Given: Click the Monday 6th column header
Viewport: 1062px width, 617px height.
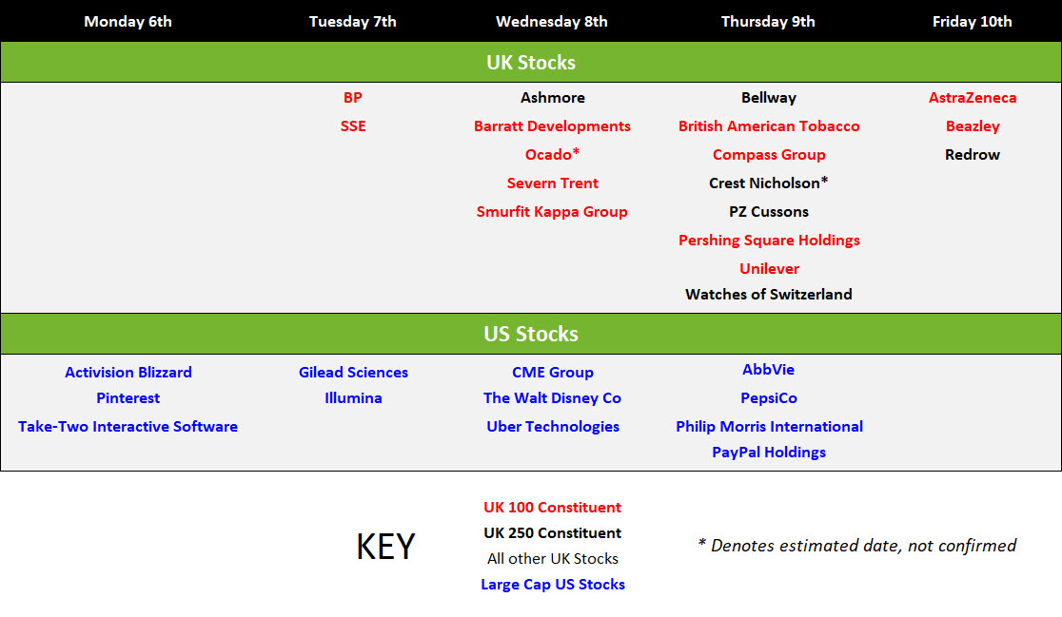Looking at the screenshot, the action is pyautogui.click(x=128, y=22).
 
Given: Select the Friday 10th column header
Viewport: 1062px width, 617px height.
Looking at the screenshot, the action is pyautogui.click(x=972, y=22).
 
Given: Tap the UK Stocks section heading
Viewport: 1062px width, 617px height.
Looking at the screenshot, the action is pyautogui.click(x=531, y=62).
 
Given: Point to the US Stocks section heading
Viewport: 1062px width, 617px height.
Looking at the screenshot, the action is pyautogui.click(x=531, y=334).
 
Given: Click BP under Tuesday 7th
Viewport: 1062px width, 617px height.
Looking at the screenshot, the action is pyautogui.click(x=353, y=97).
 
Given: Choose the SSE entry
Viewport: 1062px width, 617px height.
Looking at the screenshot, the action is pyautogui.click(x=353, y=125).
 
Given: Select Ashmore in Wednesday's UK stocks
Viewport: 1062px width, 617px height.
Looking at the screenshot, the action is pyautogui.click(x=553, y=97).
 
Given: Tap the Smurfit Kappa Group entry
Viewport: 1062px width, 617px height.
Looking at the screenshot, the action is pyautogui.click(x=552, y=212).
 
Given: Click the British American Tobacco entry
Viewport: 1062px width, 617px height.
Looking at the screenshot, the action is pyautogui.click(x=769, y=125).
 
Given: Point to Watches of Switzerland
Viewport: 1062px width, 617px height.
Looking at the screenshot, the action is pyautogui.click(x=769, y=295).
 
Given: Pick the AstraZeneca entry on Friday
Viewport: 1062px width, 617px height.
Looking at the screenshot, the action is pyautogui.click(x=973, y=97).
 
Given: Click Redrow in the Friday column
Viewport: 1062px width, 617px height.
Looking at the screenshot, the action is pyautogui.click(x=973, y=154).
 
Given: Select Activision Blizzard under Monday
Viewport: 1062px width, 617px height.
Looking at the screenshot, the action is pyautogui.click(x=128, y=372).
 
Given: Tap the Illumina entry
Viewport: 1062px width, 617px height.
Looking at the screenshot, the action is pyautogui.click(x=353, y=397).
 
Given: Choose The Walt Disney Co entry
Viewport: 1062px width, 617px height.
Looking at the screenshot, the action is pyautogui.click(x=552, y=397).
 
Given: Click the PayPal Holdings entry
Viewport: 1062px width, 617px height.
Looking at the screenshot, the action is pyautogui.click(x=769, y=452).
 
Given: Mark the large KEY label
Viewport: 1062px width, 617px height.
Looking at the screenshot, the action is pyautogui.click(x=385, y=547).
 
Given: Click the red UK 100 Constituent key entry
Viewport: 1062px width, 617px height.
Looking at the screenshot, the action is pyautogui.click(x=552, y=508).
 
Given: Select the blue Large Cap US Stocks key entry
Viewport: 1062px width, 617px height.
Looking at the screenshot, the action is pyautogui.click(x=553, y=585).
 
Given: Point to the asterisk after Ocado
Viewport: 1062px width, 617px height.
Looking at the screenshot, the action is pyautogui.click(x=576, y=151).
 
